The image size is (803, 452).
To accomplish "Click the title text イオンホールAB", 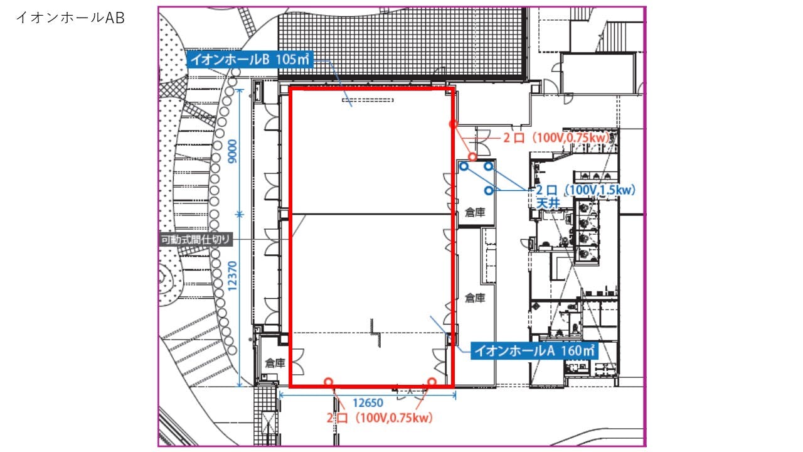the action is tap(70, 18).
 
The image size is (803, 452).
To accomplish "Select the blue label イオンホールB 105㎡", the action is tap(250, 59).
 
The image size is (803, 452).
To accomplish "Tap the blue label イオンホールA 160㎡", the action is tap(534, 350).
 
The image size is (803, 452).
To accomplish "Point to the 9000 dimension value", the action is tap(233, 151).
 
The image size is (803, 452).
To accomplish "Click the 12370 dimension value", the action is tap(232, 276).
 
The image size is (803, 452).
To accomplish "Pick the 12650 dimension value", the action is tap(368, 403).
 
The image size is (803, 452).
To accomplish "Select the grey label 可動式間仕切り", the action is tap(196, 240).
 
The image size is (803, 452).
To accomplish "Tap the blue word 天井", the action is tap(548, 203).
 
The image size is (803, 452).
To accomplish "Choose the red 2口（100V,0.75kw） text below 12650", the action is tap(380, 418).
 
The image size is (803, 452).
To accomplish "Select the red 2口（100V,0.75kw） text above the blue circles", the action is tap(556, 137).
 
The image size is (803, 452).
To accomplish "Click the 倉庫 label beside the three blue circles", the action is tap(475, 212).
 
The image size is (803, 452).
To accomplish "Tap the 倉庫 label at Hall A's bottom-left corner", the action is tap(275, 363).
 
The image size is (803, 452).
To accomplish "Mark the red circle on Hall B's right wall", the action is tap(453, 124).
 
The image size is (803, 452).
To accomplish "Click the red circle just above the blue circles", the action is tap(472, 157).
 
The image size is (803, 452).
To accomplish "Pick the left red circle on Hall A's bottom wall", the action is tap(328, 382).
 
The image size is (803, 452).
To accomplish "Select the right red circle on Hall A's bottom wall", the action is tap(432, 382).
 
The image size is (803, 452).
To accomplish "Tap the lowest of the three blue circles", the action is tap(489, 190).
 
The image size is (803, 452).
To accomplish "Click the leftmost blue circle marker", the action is tap(464, 166).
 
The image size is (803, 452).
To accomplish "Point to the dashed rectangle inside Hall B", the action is tap(368, 100).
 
